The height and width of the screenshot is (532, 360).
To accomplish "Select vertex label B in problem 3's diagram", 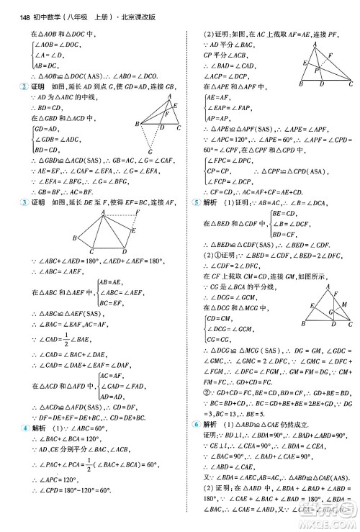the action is click(74, 238).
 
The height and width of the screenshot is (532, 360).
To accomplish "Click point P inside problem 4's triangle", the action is click(316, 71).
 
